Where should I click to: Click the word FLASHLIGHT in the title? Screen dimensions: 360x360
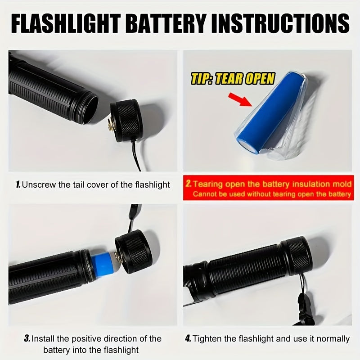(66, 23)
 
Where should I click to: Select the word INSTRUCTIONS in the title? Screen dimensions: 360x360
(280, 23)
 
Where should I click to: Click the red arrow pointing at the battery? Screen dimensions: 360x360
(240, 99)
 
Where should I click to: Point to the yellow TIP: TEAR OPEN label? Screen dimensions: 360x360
(233, 78)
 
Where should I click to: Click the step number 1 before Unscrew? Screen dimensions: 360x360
(18, 184)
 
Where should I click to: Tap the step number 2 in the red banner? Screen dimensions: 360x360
(189, 184)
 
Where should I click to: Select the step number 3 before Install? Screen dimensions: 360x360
(27, 339)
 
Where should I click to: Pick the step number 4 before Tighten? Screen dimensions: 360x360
(188, 339)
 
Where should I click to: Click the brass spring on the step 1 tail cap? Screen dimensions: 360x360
(111, 126)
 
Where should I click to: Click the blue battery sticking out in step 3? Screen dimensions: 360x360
(103, 265)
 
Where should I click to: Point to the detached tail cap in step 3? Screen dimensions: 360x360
(133, 252)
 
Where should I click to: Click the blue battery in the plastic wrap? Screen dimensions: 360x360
(269, 111)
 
